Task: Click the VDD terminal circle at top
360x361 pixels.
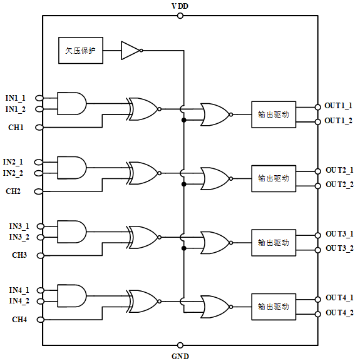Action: click(x=180, y=16)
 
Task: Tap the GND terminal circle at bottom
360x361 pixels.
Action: click(x=180, y=345)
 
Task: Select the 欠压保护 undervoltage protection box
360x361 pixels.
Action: click(x=81, y=51)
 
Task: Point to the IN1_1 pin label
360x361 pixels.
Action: click(x=16, y=98)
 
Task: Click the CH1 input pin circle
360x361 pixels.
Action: click(x=39, y=127)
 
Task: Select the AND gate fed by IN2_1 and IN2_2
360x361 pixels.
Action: click(x=71, y=168)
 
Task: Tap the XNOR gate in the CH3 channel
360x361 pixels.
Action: click(x=143, y=237)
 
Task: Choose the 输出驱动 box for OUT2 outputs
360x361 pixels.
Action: click(x=274, y=178)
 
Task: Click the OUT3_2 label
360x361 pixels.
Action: click(x=339, y=248)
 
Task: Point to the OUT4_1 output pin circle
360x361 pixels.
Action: click(x=318, y=300)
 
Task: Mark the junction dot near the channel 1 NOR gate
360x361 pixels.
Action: click(x=184, y=120)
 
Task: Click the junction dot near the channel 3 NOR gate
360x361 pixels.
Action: click(x=184, y=248)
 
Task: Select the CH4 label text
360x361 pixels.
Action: click(x=19, y=320)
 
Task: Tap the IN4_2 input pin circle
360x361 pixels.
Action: click(x=40, y=302)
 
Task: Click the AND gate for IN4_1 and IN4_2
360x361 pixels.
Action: click(x=71, y=296)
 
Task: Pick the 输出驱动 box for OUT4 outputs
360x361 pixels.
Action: click(x=274, y=307)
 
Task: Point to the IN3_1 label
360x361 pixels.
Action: click(x=19, y=226)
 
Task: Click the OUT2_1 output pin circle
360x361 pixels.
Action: click(x=318, y=171)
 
